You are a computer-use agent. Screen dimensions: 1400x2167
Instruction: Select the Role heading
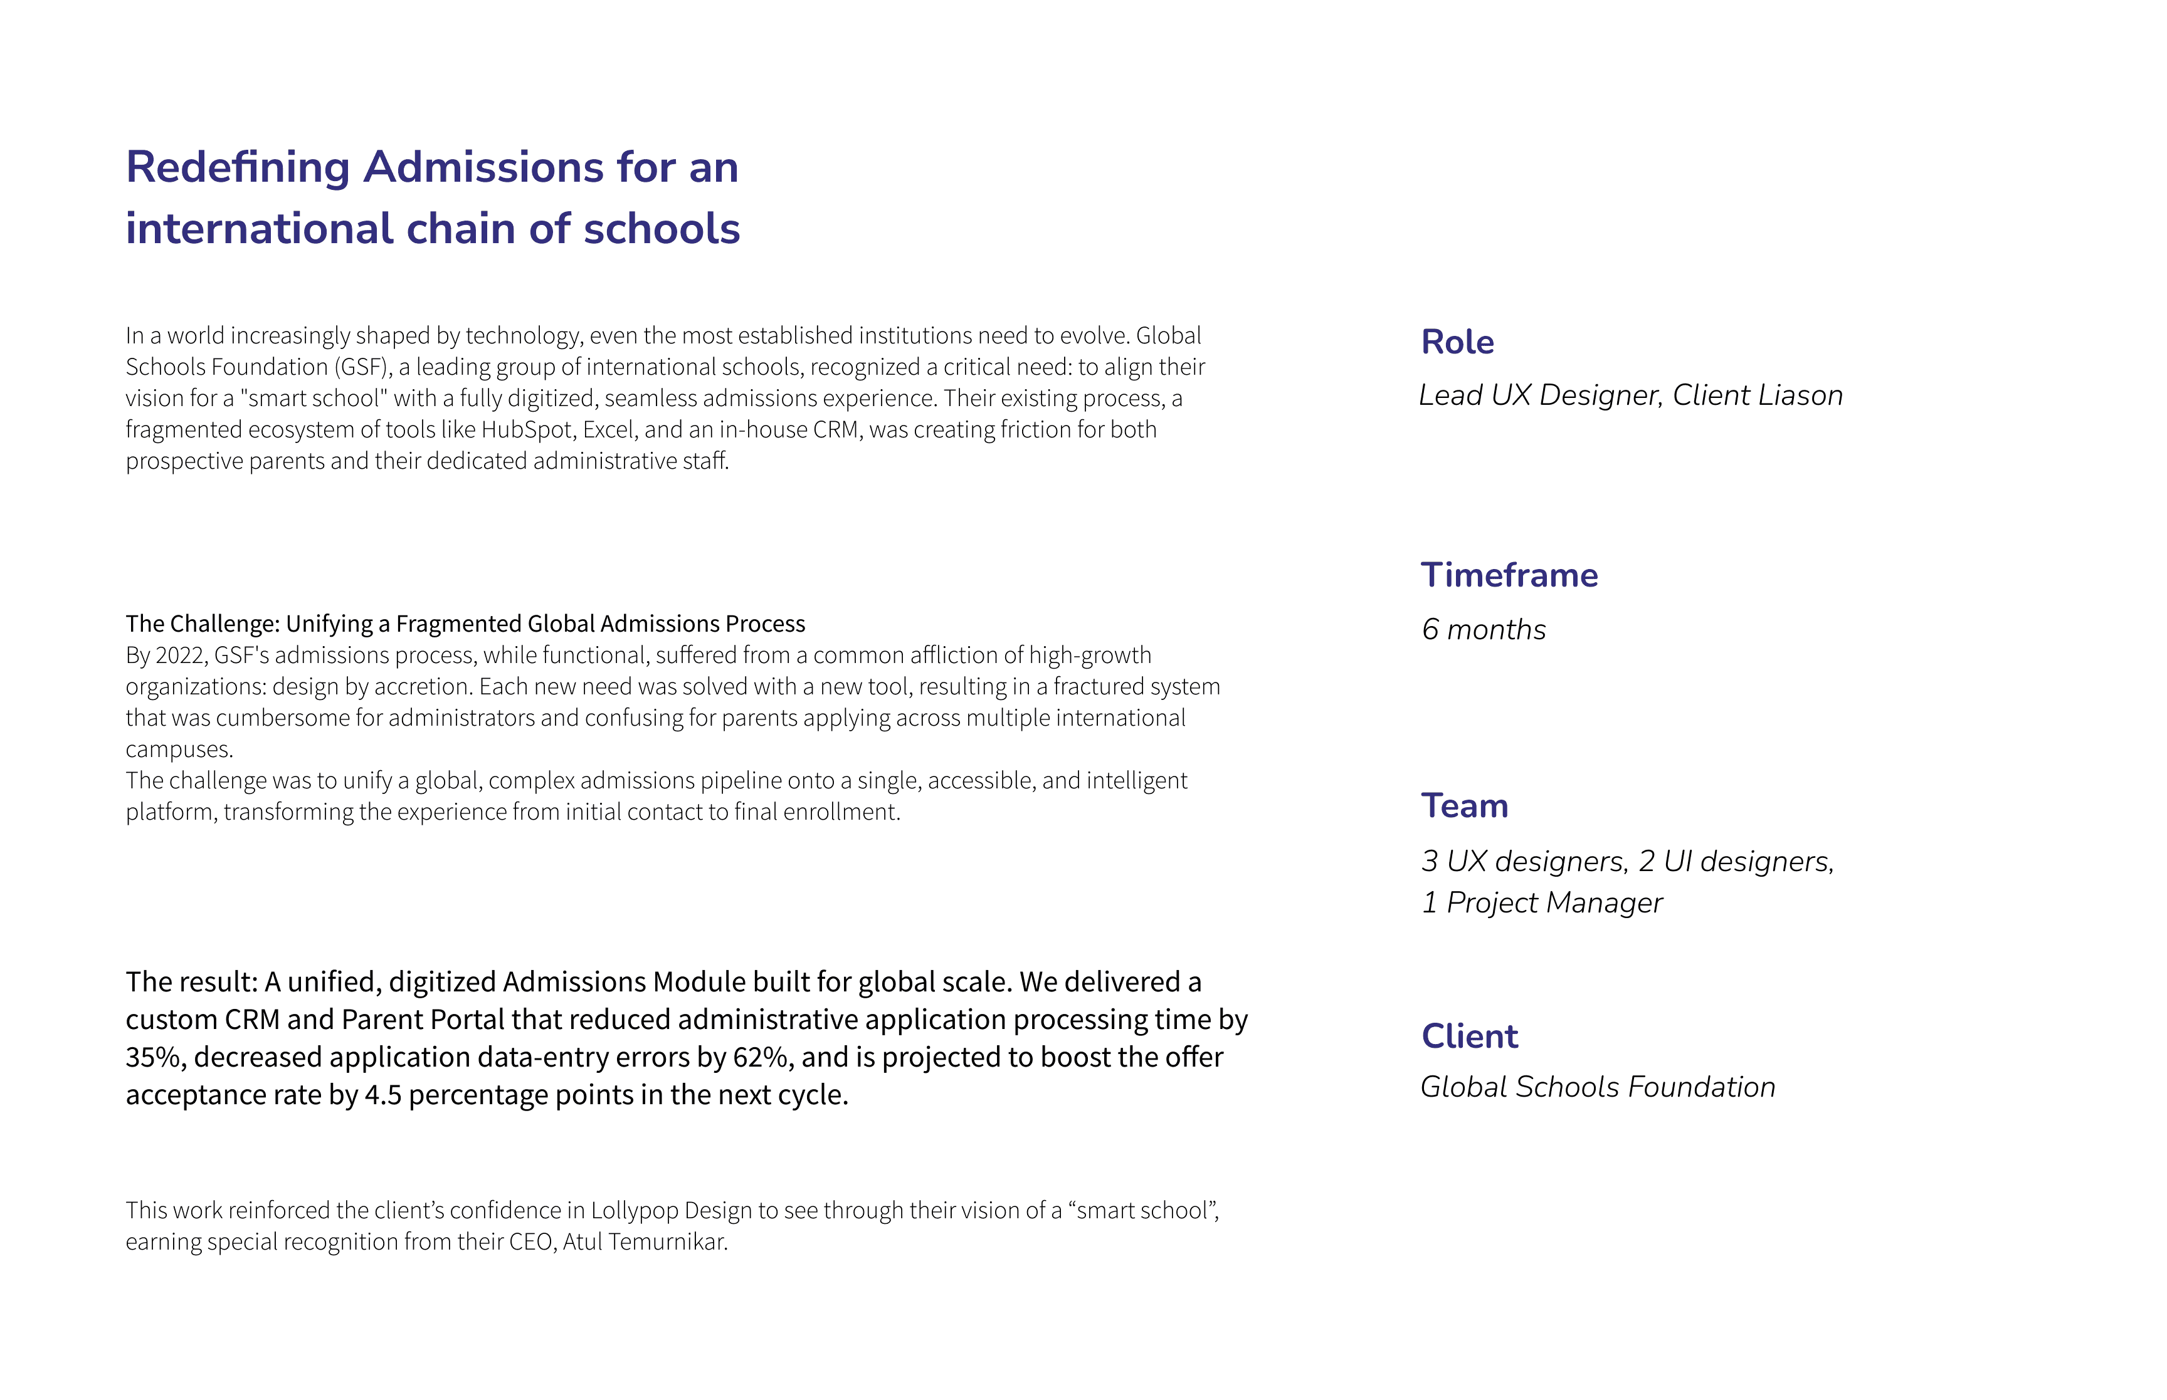[x=1457, y=343]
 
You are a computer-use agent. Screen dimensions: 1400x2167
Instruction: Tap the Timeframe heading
[x=1509, y=575]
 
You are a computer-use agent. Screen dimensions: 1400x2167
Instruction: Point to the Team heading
[x=1464, y=807]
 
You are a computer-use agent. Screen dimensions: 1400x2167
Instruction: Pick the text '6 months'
[x=1483, y=629]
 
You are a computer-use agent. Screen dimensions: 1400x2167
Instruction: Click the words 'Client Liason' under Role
[x=1757, y=395]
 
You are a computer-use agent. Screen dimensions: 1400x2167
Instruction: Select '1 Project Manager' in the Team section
[x=1541, y=902]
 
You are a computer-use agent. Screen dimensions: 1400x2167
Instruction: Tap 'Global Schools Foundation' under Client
[x=1597, y=1087]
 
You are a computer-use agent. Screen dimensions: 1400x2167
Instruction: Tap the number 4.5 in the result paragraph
[x=383, y=1095]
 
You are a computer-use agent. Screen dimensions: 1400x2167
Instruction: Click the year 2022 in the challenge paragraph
[x=180, y=656]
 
